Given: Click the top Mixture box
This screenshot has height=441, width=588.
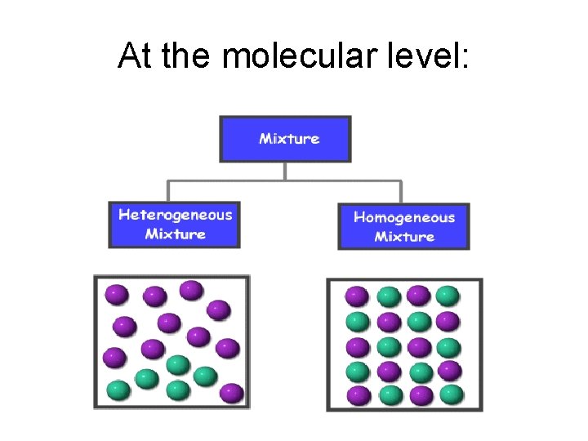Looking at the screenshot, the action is tap(285, 139).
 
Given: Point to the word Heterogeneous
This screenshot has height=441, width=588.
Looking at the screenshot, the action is tap(175, 216).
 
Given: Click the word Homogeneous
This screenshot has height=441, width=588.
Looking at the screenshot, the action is tap(403, 218).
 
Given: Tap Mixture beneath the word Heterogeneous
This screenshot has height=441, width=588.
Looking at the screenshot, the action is tap(175, 234).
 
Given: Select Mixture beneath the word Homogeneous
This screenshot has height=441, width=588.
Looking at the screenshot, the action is tap(403, 237).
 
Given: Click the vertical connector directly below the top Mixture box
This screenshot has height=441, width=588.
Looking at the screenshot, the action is tap(285, 171).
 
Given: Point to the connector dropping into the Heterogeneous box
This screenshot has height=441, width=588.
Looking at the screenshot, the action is tap(170, 190).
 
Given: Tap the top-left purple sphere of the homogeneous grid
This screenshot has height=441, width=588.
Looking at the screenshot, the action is tap(357, 296).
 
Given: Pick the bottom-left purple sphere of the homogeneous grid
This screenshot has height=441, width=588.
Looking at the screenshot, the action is tap(357, 396).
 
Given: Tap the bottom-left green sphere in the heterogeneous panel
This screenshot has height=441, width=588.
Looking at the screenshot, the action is tap(118, 390).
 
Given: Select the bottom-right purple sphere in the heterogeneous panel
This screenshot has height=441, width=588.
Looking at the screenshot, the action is tap(232, 393).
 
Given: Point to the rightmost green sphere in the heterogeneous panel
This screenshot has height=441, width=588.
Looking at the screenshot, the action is tap(205, 376).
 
